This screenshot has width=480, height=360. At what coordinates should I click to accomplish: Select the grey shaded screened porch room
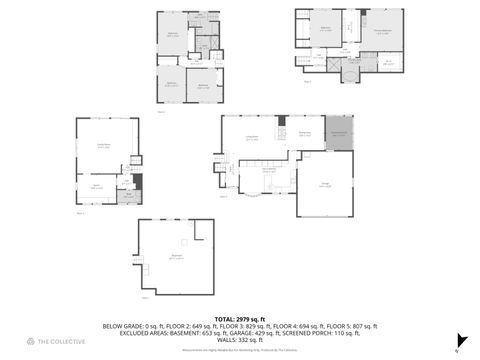coord(339,134)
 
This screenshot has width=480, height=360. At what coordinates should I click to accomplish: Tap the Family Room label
coord(103,147)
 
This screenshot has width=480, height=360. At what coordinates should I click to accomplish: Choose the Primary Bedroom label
coord(382,30)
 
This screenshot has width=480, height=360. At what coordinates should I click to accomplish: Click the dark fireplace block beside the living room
coord(138,181)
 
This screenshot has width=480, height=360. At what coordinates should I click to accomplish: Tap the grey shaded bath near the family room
coord(127,196)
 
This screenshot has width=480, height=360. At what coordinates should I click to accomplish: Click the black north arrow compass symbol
coord(461,341)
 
